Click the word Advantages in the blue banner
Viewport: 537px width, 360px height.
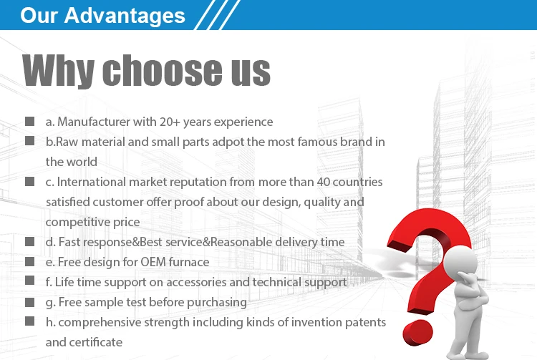pos(125,16)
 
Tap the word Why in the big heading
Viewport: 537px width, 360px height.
pos(58,70)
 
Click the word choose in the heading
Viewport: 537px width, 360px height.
pos(162,70)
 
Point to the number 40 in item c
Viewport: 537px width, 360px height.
pos(324,182)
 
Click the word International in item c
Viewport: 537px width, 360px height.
pos(92,182)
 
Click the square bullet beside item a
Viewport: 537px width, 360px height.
pos(30,121)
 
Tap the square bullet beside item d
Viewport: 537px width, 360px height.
pos(30,242)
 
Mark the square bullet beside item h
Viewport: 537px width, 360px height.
pos(30,321)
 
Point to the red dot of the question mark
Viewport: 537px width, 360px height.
pos(418,333)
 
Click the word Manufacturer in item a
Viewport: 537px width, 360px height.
pos(94,122)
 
